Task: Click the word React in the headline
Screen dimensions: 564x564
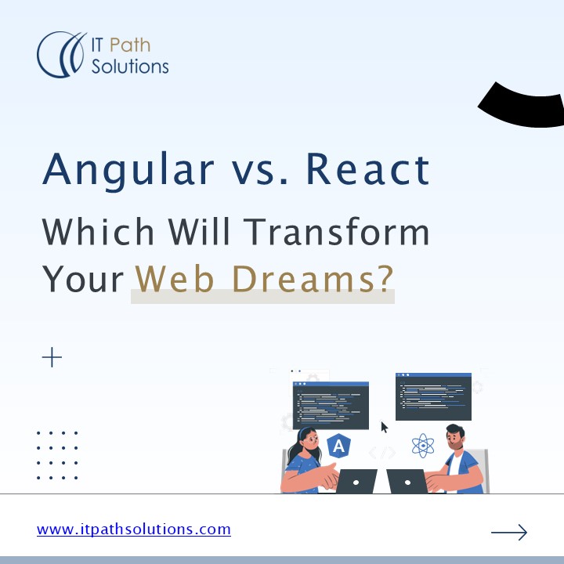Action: (367, 170)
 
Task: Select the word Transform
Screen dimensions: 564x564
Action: (336, 233)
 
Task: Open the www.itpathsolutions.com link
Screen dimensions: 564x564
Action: (134, 530)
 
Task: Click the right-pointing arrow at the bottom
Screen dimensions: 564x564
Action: (508, 533)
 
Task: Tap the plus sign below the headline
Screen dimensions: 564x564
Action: (52, 358)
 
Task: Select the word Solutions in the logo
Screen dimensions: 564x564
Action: (130, 67)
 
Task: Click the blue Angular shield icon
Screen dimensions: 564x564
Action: (338, 446)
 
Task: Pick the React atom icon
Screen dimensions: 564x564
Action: (423, 446)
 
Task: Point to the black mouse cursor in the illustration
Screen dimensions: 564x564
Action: (385, 428)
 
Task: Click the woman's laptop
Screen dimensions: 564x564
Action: (356, 481)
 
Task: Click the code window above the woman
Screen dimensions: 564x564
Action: (331, 406)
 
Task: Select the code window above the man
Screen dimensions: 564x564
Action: (433, 396)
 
